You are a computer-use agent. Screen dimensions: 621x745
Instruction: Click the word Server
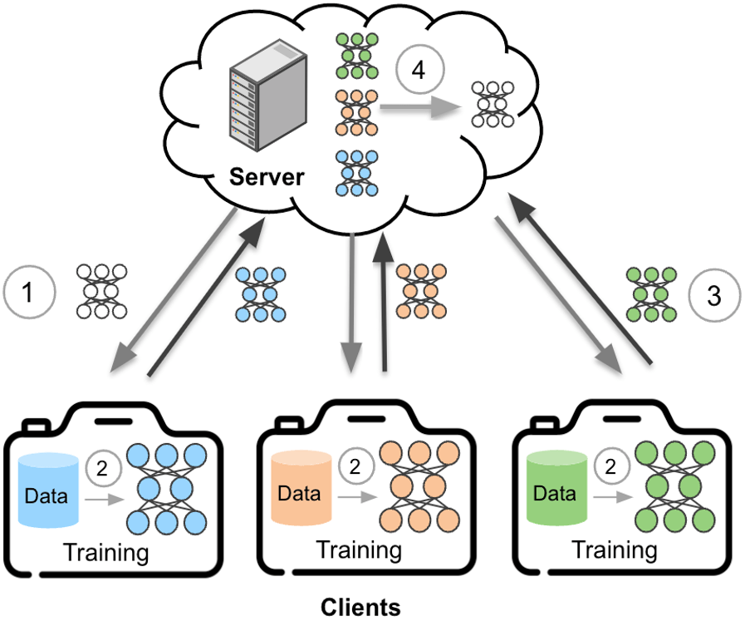(267, 176)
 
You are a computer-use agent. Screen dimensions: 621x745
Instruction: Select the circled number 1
(29, 293)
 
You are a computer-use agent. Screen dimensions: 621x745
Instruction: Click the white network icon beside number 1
(102, 291)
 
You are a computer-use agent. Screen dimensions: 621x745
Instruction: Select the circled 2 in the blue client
(102, 469)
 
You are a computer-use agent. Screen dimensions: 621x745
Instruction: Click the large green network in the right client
(675, 488)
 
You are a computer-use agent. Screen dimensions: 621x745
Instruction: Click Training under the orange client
(359, 550)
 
